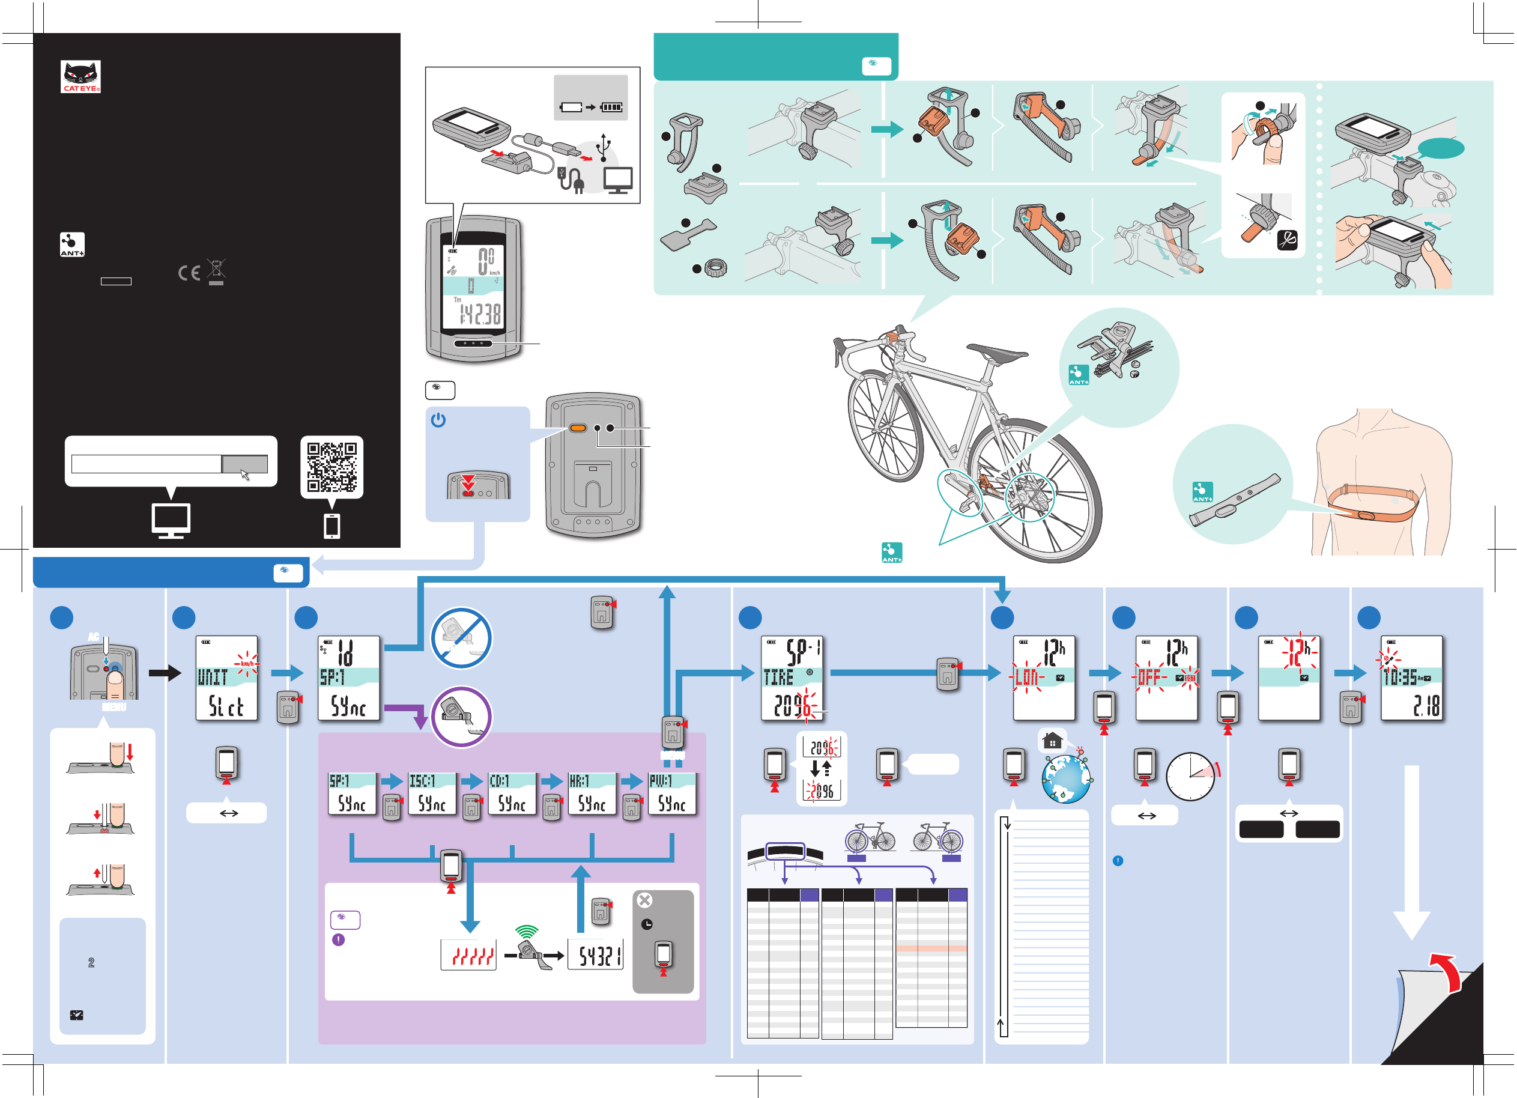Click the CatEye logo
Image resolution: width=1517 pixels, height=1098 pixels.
coord(80,76)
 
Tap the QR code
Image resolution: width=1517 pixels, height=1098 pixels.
coord(332,466)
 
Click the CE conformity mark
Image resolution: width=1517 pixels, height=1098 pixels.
coord(189,273)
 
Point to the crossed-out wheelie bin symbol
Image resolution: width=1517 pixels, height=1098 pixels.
coord(216,270)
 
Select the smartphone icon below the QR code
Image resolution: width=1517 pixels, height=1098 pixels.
coord(332,526)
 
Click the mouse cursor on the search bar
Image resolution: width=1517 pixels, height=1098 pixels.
coord(245,475)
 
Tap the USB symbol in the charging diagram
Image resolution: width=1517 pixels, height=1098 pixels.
coord(604,147)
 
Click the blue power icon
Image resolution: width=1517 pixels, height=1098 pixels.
coord(438,420)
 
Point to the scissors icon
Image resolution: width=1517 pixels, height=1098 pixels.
coord(1287,240)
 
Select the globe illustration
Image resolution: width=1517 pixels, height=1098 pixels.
coord(1066,778)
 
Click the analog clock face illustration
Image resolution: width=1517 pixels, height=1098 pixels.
coord(1190,777)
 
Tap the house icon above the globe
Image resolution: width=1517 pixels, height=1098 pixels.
coord(1052,741)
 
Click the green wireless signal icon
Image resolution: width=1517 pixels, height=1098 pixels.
coord(527,931)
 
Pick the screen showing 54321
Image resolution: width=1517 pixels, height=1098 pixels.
coord(595,955)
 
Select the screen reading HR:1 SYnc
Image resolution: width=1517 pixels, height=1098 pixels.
coord(592,793)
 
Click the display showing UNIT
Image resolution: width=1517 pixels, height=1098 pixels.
coord(226,677)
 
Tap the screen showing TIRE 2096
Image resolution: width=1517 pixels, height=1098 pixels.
coord(792,677)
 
